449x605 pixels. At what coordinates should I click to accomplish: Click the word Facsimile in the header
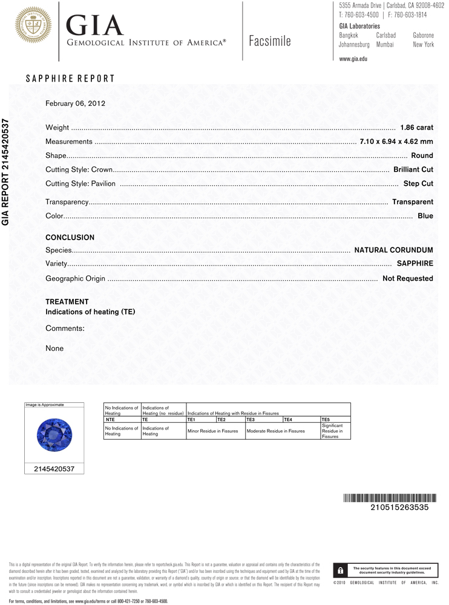tap(270, 41)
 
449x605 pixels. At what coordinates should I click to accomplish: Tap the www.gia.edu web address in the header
tap(353, 59)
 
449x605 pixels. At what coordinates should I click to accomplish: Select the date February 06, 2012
tap(76, 103)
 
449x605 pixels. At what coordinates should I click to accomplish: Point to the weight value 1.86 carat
tap(417, 128)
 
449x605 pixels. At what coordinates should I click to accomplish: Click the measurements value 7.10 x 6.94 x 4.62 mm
tap(396, 142)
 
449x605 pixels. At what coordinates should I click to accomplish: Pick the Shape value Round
tap(422, 156)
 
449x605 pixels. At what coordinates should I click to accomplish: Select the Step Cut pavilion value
tap(418, 183)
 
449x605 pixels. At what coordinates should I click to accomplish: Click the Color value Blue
tap(425, 216)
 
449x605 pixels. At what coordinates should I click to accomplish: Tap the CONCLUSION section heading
tap(70, 238)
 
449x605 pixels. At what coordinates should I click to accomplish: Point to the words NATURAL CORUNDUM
tap(393, 250)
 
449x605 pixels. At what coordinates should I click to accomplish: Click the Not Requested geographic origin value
tap(408, 278)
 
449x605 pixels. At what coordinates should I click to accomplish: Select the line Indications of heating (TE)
tap(91, 312)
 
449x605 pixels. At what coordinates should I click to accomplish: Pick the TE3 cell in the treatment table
tap(260, 419)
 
